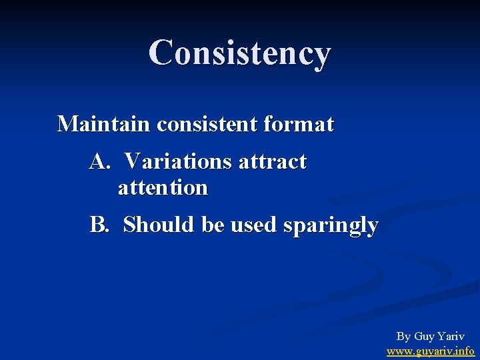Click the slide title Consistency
click(x=239, y=53)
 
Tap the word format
click(x=301, y=124)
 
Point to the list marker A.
click(x=99, y=161)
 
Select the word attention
click(x=163, y=188)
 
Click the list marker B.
click(x=98, y=225)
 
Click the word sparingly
click(x=331, y=226)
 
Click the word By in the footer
click(x=403, y=337)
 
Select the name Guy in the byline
click(x=425, y=337)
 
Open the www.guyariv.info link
click(x=431, y=351)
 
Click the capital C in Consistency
click(x=160, y=53)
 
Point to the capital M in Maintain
click(x=67, y=124)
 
